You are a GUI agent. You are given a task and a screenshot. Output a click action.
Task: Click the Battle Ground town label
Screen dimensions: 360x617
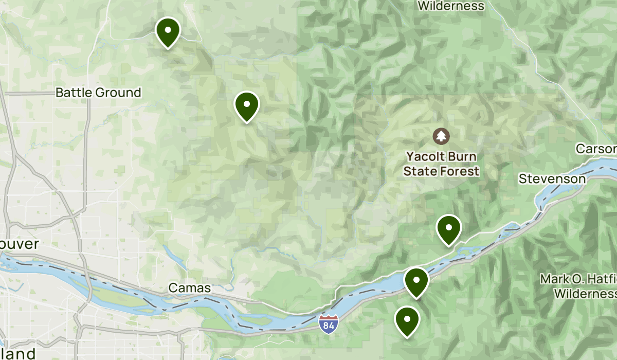click(98, 93)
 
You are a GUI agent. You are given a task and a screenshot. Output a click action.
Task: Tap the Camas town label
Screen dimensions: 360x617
click(190, 288)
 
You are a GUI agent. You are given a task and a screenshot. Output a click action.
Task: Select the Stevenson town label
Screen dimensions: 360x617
click(552, 179)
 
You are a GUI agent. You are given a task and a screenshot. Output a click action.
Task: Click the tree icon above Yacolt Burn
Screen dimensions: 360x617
click(441, 136)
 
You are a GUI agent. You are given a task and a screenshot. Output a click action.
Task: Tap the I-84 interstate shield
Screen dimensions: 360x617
click(329, 323)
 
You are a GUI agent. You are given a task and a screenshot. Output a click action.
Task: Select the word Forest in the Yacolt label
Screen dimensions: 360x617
click(460, 171)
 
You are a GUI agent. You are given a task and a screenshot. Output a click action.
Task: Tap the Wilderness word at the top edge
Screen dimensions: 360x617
click(451, 6)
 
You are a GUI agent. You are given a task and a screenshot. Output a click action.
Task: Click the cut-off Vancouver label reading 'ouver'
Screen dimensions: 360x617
click(20, 243)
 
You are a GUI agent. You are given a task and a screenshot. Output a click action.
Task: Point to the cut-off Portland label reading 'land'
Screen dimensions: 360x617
click(18, 353)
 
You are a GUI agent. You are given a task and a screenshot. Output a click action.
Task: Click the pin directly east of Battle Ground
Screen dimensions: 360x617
click(247, 105)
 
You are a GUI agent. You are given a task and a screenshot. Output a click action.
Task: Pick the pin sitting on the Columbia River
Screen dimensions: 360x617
click(416, 281)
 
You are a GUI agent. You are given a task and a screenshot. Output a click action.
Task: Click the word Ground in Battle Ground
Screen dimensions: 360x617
click(118, 93)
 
